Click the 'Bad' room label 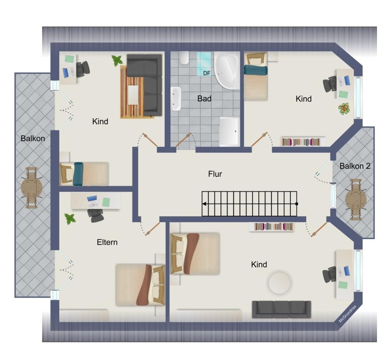coord(204,99)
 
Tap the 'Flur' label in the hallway coord(215,174)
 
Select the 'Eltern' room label coord(107,242)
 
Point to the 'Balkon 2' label coord(355,166)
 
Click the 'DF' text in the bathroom coord(207,73)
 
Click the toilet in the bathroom coord(184,58)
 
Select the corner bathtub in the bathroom coord(227,70)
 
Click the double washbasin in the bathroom coord(176,99)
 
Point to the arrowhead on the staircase coord(204,204)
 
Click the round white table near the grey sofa coord(279,283)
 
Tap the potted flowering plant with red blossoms coord(344,109)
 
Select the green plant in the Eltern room coord(70,219)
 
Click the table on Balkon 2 coord(356,200)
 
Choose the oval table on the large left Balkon coord(32,187)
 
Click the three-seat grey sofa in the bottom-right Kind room coord(281,309)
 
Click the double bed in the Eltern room coord(140,285)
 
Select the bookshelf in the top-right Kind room coord(303,142)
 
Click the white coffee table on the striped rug coord(133,95)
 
